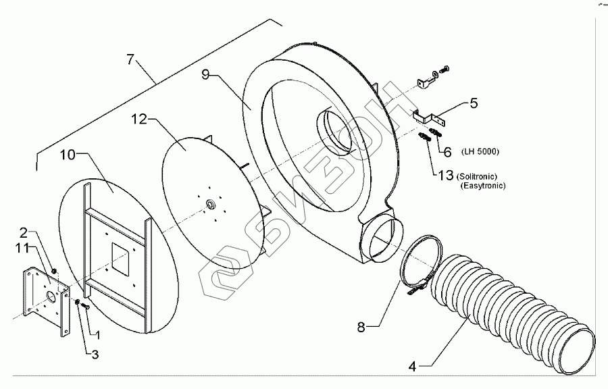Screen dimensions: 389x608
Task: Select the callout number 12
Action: (x=138, y=119)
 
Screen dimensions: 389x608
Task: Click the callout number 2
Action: (x=23, y=233)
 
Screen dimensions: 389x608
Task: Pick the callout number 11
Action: (x=23, y=249)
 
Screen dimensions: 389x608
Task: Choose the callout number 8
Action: (x=361, y=327)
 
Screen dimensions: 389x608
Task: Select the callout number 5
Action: (x=474, y=103)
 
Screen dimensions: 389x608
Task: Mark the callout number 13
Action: (x=445, y=176)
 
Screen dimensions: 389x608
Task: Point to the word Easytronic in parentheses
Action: (x=481, y=185)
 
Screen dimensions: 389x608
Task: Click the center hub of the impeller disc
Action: (x=209, y=202)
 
